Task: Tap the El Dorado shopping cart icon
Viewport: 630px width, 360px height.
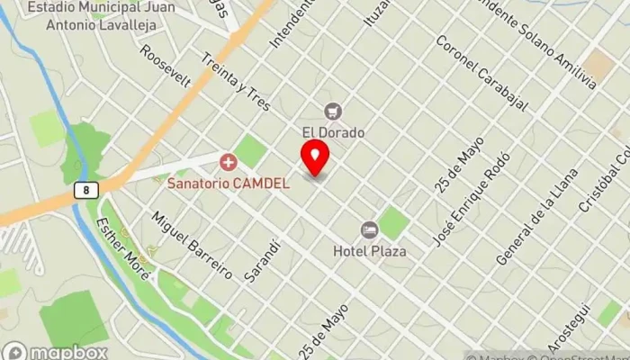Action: (x=333, y=112)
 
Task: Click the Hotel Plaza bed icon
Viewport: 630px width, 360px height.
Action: (x=369, y=230)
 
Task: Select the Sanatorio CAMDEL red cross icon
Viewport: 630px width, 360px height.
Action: (x=229, y=163)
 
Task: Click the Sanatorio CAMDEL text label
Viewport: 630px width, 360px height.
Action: (x=229, y=183)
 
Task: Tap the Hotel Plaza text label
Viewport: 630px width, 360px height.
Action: (x=369, y=251)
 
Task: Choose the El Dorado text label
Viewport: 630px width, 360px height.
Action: (x=333, y=132)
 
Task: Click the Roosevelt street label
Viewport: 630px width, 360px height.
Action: (x=166, y=66)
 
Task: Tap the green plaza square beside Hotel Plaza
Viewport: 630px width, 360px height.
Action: (x=393, y=222)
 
